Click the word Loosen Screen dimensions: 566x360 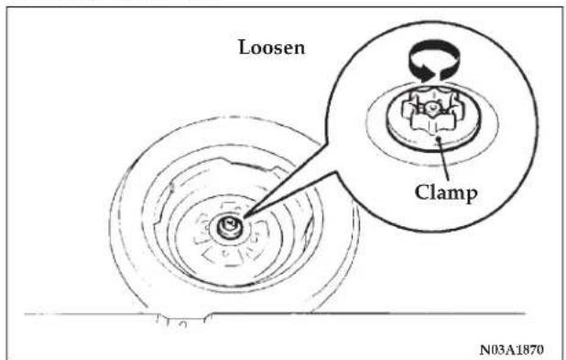(x=271, y=48)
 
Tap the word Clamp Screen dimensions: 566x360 (x=446, y=193)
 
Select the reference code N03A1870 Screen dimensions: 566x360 (x=512, y=350)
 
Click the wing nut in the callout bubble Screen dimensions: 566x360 (x=430, y=112)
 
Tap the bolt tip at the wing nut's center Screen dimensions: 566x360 (x=430, y=107)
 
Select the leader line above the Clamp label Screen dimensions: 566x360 (x=443, y=158)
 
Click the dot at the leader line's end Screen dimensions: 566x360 (x=439, y=138)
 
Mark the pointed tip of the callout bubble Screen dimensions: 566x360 (x=245, y=216)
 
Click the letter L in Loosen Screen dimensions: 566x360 (x=245, y=48)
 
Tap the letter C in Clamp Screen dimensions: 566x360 (x=421, y=191)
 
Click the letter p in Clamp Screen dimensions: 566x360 (x=471, y=195)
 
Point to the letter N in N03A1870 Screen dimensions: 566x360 (x=485, y=350)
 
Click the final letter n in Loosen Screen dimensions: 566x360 (x=299, y=49)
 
